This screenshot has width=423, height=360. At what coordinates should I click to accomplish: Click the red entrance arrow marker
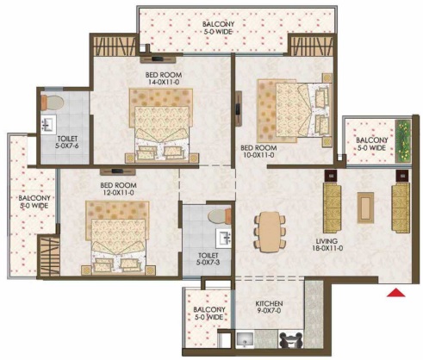coord(396,293)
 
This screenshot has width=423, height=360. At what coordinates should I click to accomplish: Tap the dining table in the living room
coord(270,232)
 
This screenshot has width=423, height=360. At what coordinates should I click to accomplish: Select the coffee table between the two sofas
coord(365,208)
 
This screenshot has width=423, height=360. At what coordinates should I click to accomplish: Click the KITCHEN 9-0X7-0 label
coord(269,307)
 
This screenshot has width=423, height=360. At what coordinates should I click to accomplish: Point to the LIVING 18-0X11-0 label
coord(327,245)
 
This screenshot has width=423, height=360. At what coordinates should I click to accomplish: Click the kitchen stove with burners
coord(290,340)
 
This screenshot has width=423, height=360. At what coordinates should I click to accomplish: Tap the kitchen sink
coord(245,339)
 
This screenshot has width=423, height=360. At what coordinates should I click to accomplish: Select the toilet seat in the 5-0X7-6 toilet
coord(52,102)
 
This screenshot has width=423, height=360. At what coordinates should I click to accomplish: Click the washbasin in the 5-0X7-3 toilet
coord(224,239)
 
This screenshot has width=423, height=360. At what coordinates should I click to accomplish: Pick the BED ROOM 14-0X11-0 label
coord(164,78)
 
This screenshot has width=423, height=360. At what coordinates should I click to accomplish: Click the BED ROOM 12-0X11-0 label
coord(118,189)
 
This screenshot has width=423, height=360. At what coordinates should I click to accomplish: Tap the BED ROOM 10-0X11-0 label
coord(258,152)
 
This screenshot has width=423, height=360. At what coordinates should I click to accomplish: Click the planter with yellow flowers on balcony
coord(403,141)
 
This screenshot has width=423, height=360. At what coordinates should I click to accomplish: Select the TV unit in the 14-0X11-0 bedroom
coord(158,59)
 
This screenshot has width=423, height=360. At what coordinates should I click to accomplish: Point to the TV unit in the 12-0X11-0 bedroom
coord(117,171)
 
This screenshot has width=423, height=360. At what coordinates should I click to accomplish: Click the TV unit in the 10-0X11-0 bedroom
coord(239,109)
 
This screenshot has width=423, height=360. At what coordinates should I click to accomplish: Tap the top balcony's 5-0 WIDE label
coord(218,32)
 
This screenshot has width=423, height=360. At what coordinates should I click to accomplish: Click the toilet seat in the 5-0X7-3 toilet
coord(220,216)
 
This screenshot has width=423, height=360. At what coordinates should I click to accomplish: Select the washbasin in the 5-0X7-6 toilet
coord(47,125)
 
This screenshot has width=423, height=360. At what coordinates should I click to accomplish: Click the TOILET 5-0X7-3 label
coord(208,258)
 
